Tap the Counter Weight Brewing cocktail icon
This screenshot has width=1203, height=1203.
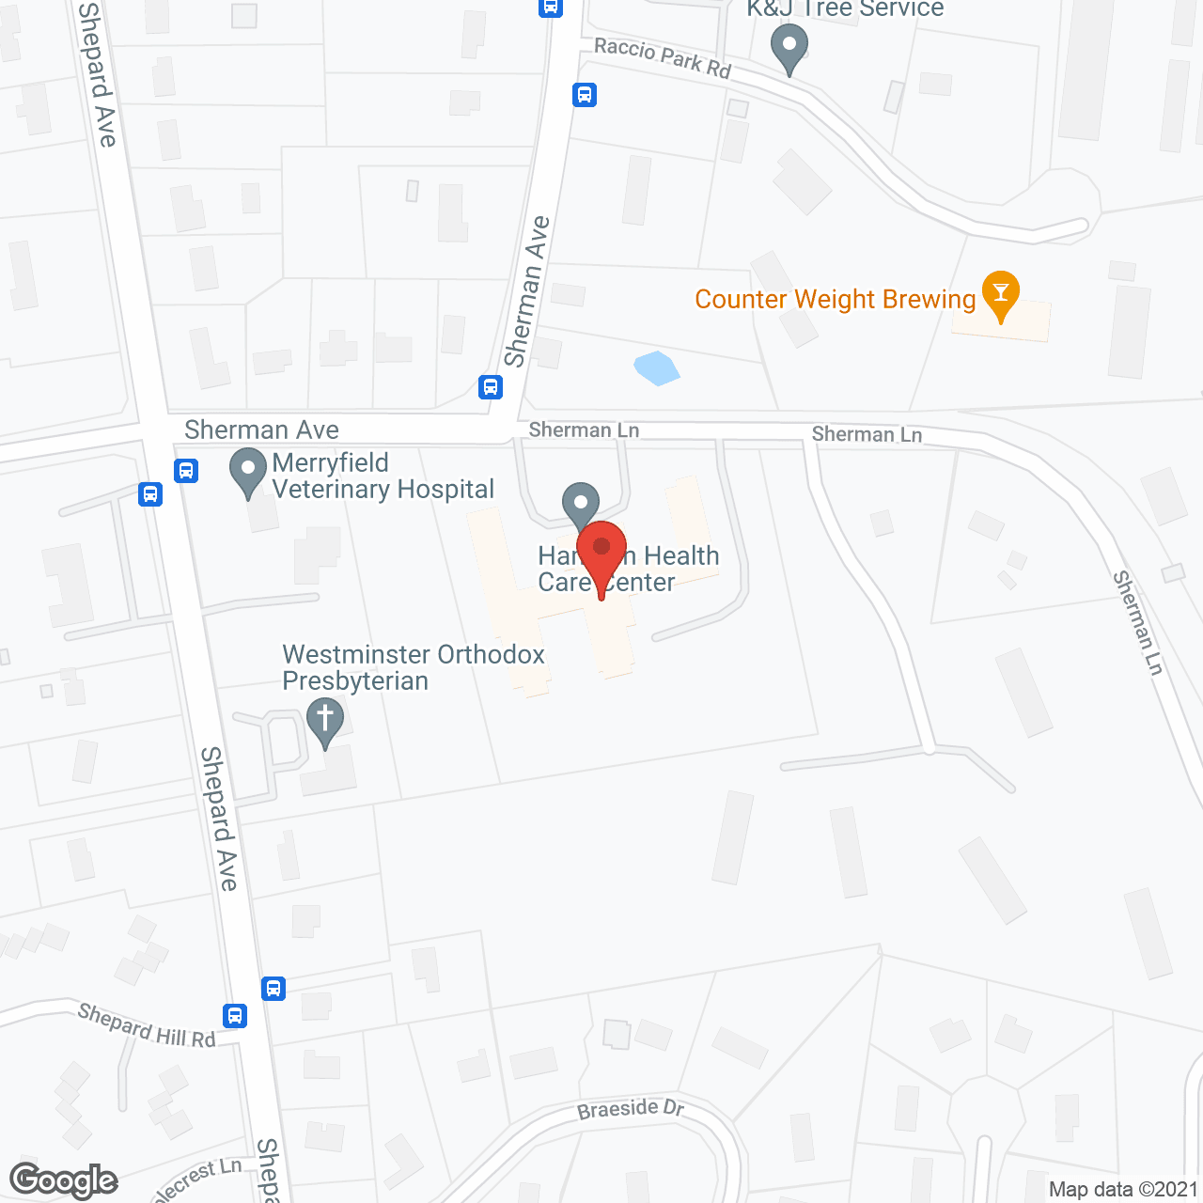(1000, 294)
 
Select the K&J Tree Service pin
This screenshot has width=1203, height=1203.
(789, 46)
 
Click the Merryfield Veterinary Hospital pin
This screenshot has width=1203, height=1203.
(248, 472)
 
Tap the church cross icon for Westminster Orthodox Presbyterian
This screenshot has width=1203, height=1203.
(325, 722)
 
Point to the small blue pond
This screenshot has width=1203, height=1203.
(656, 367)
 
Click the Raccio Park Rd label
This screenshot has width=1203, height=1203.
(663, 57)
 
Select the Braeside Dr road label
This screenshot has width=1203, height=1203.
(631, 1109)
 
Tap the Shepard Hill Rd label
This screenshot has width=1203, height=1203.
(147, 1025)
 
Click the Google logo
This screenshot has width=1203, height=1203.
(64, 1180)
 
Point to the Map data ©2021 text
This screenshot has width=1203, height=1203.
(1123, 1189)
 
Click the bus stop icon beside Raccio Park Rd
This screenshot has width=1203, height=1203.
(585, 95)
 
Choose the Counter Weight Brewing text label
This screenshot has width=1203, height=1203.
(835, 299)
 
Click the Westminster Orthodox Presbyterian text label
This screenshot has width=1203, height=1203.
(414, 667)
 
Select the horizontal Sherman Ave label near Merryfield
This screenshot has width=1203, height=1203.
(261, 430)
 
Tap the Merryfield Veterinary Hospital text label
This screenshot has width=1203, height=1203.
(383, 476)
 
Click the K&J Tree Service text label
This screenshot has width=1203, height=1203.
(845, 8)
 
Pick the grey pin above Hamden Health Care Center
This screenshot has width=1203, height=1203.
(581, 502)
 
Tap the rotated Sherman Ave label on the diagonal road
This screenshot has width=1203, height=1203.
(526, 291)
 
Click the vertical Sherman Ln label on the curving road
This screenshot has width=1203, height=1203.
(1138, 622)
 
